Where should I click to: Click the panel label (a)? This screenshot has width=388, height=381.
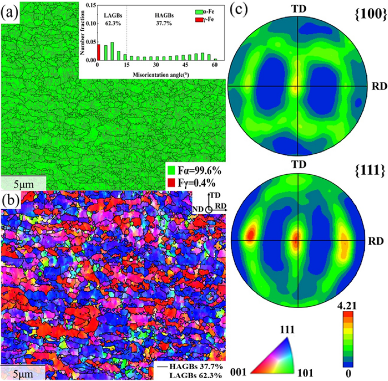click(10, 10)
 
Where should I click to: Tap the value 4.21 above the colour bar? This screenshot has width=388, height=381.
click(351, 305)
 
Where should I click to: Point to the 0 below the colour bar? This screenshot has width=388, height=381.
click(351, 374)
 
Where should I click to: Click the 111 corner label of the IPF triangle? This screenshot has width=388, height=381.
click(288, 329)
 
